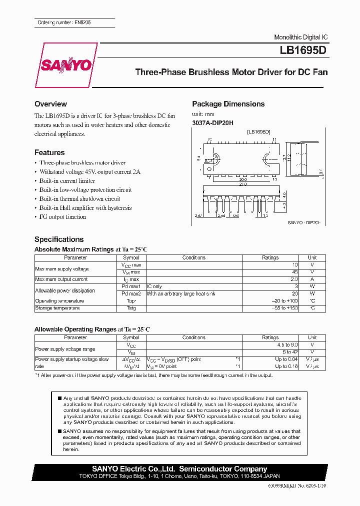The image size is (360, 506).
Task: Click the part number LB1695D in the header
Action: [304, 51]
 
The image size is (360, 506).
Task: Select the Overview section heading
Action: [50, 104]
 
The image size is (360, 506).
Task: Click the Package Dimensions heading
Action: [228, 104]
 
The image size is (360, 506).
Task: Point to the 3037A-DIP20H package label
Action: [212, 123]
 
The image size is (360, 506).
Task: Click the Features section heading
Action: [49, 152]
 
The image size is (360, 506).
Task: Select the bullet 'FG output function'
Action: [62, 217]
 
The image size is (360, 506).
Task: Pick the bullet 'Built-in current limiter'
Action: [67, 181]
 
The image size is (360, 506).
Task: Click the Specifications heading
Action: [59, 239]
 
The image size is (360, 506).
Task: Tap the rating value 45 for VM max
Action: [294, 272]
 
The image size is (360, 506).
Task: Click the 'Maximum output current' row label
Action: [61, 279]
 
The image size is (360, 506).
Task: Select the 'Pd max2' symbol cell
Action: [131, 294]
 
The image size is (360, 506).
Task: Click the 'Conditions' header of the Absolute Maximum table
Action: [193, 258]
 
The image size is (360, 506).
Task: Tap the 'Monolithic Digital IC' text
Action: [301, 37]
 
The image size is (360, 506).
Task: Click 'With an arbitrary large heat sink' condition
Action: [180, 294]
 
